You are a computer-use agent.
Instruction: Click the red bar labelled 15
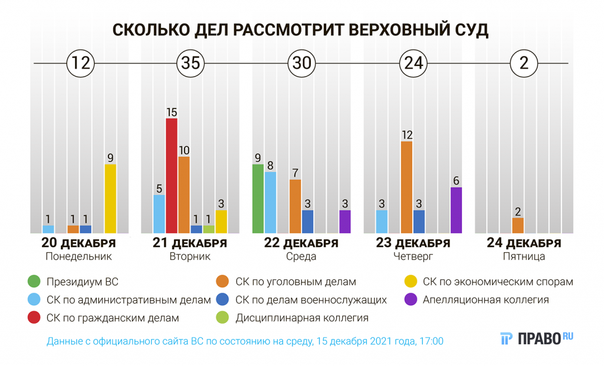[x=172, y=176]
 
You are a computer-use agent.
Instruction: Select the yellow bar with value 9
[x=110, y=199]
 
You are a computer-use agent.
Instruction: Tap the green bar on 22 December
[x=258, y=199]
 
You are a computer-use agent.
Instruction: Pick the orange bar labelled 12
[x=406, y=187]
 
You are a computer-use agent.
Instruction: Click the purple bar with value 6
[x=456, y=210]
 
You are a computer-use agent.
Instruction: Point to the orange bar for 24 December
[x=518, y=226]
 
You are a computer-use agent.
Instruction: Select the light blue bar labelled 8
[x=270, y=202]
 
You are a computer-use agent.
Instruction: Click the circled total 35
[x=191, y=63]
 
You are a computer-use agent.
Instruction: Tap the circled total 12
[x=80, y=63]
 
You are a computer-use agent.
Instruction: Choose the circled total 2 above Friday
[x=524, y=63]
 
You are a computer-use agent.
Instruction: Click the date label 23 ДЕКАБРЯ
[x=413, y=243]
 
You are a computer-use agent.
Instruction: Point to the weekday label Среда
[x=301, y=257]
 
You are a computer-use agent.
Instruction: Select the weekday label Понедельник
[x=78, y=257]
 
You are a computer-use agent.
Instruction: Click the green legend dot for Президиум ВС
[x=34, y=281]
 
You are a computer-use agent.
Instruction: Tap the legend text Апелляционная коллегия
[x=486, y=300]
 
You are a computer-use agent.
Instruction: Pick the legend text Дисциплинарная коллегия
[x=302, y=318]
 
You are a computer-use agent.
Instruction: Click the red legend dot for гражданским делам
[x=34, y=318]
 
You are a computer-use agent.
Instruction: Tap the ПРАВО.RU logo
[x=537, y=338]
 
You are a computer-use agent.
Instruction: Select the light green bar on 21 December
[x=209, y=229]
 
